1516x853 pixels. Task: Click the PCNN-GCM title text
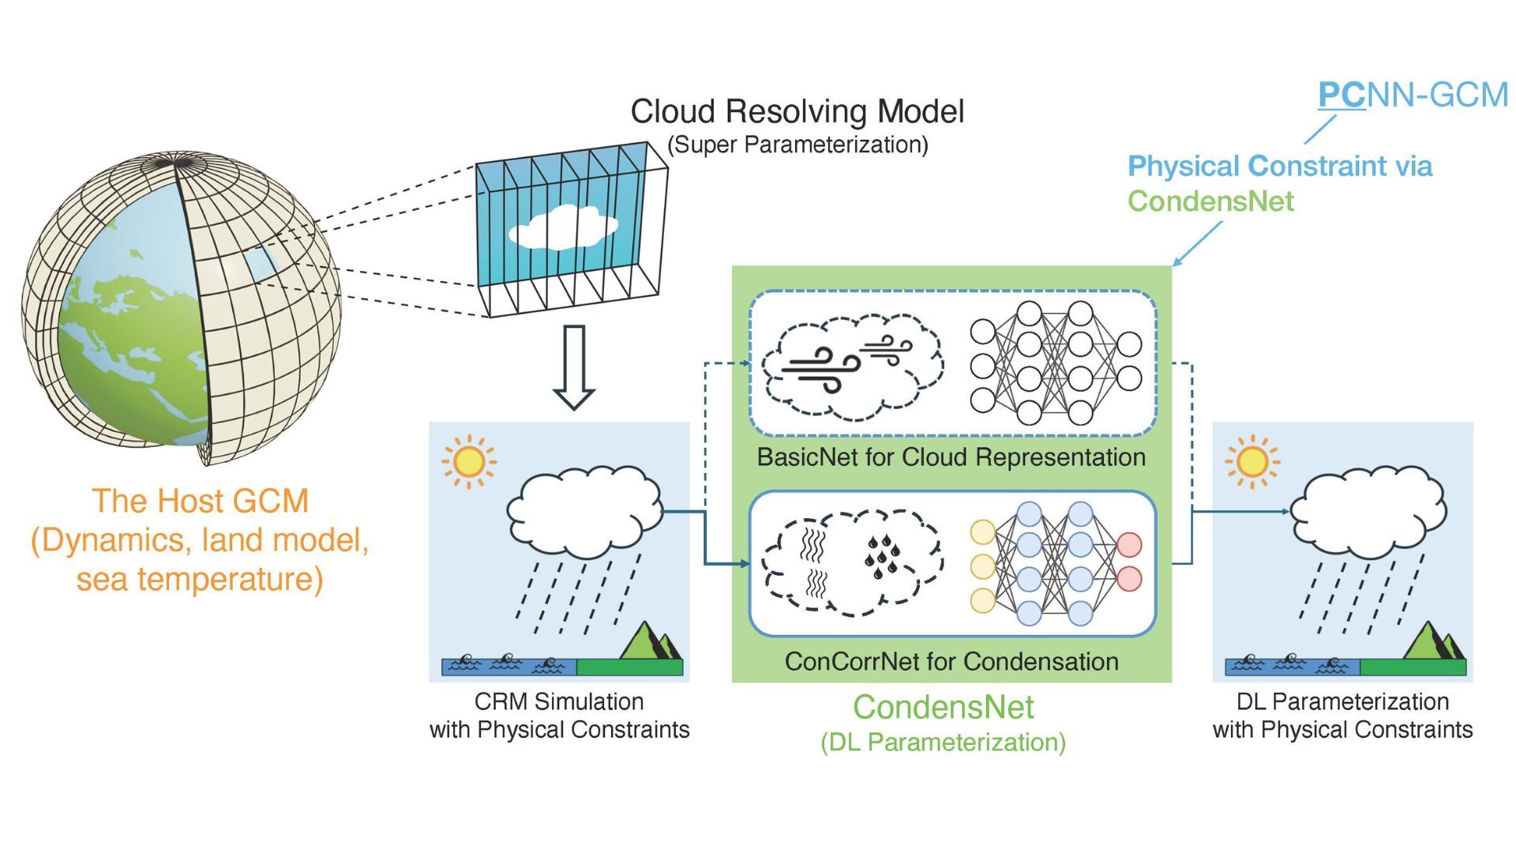[x=1413, y=95]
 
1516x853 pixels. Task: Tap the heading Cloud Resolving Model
[x=797, y=111]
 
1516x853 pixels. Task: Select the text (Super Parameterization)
[x=797, y=145]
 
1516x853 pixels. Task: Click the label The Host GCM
[x=200, y=501]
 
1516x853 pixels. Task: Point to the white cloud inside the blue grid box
[x=562, y=227]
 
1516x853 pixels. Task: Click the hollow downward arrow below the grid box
[x=573, y=367]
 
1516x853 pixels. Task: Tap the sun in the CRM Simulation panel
[x=468, y=461]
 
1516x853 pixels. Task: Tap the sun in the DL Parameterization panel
[x=1251, y=461]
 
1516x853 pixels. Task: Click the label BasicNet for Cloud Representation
[x=951, y=457]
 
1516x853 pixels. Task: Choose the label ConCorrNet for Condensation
[x=951, y=661]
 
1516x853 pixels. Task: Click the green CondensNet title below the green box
[x=944, y=707]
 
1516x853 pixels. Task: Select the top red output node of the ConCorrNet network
[x=1129, y=546]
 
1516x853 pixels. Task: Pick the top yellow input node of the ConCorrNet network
[x=983, y=532]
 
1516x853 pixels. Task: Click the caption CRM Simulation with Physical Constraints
[x=559, y=716]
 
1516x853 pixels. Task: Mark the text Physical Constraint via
[x=1279, y=167]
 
